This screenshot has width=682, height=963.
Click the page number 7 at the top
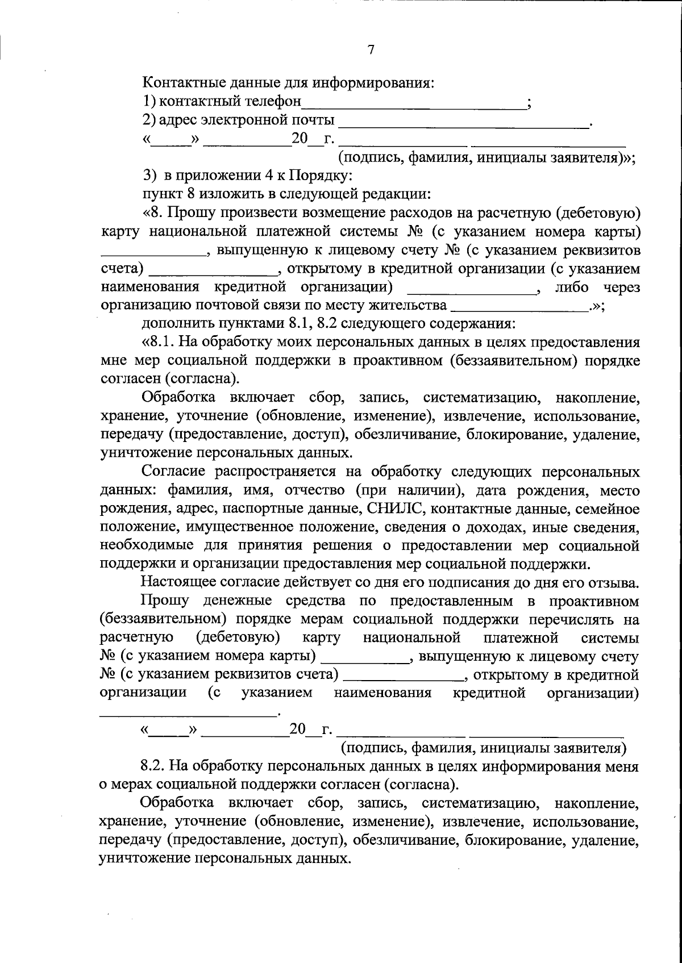point(371,51)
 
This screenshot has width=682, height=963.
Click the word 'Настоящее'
point(176,582)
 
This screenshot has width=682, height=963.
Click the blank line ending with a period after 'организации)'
point(187,712)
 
